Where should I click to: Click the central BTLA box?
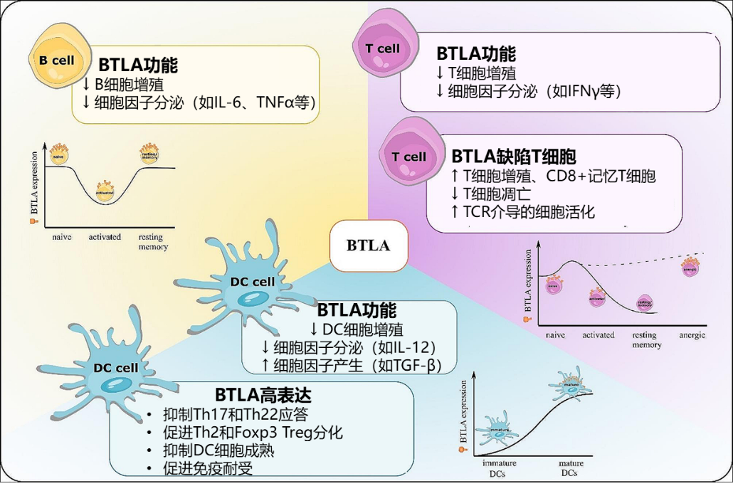368,245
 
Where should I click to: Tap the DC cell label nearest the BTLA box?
252,282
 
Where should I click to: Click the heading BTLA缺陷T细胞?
514,157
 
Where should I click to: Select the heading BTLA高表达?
263,395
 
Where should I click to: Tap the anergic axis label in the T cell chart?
692,334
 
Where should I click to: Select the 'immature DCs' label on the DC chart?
499,467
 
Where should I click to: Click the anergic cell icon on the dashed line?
690,270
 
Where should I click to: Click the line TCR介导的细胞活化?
523,211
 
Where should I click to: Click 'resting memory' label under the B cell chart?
153,241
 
